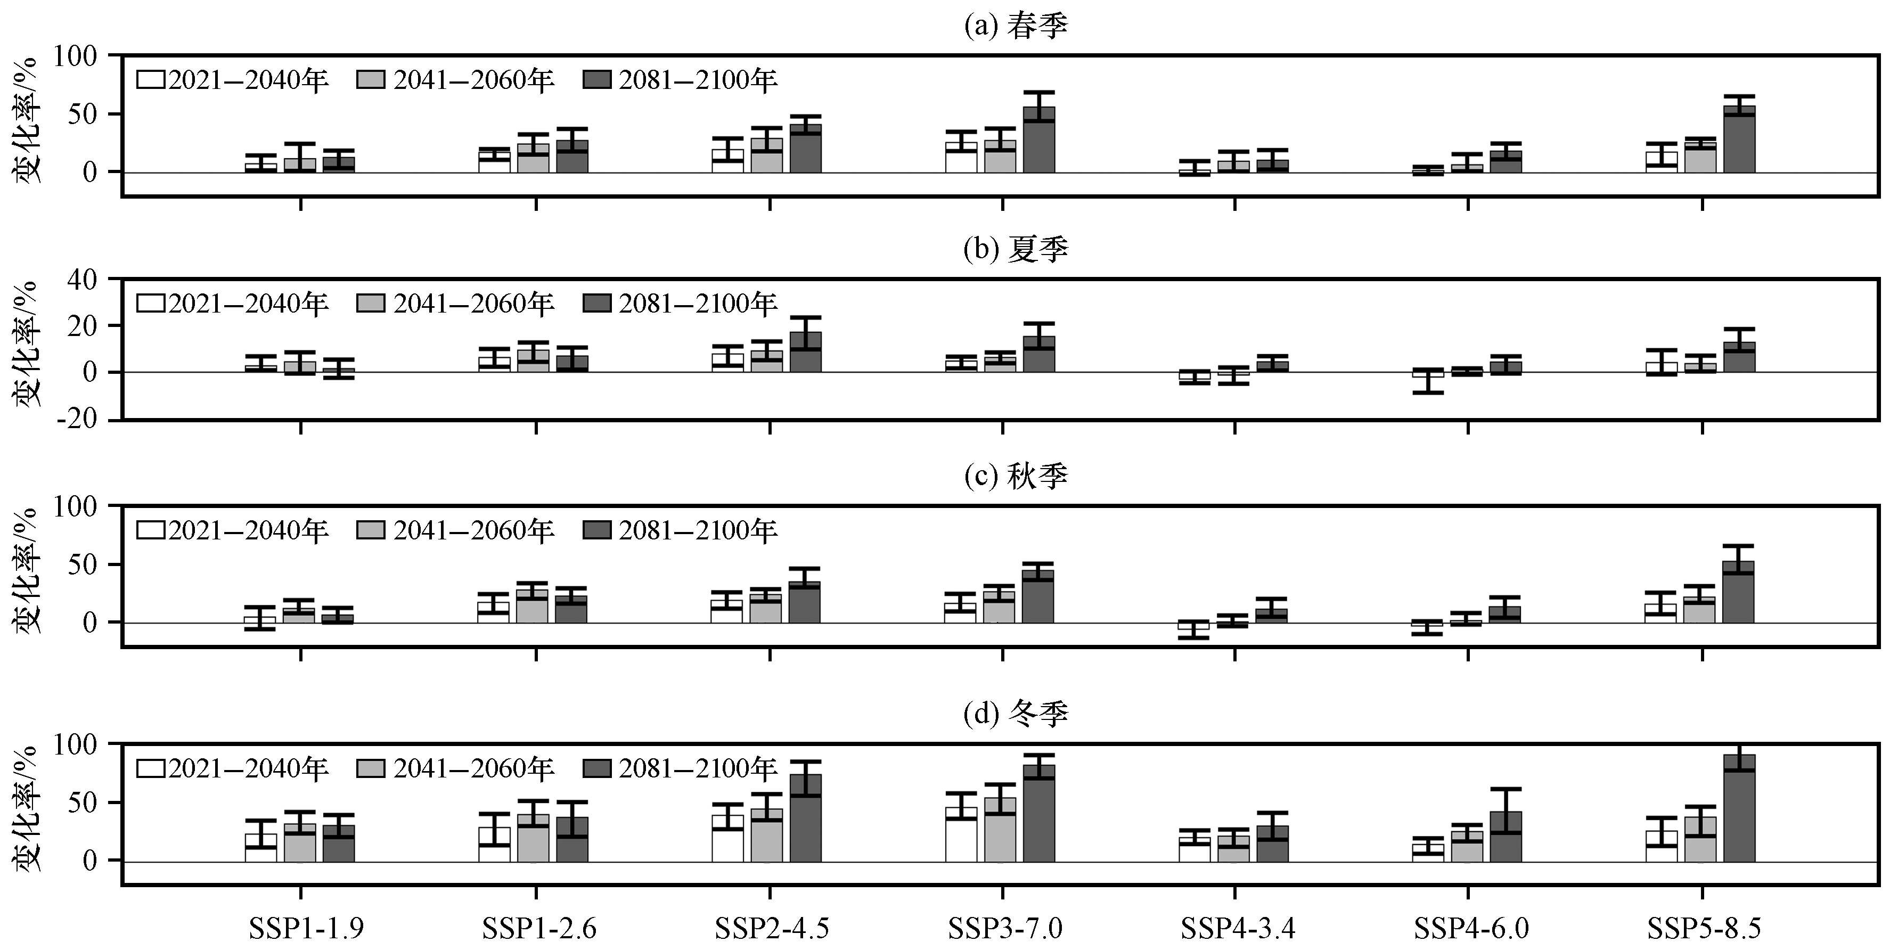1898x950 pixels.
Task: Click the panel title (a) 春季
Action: (1016, 26)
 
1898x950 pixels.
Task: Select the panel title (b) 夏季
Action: (1016, 250)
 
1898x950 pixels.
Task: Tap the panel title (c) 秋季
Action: (1016, 476)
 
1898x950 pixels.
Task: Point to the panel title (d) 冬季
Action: (1016, 714)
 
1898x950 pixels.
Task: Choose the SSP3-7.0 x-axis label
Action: (1005, 928)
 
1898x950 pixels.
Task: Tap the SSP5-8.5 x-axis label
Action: (1704, 928)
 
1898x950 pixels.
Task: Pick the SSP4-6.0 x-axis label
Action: (1471, 928)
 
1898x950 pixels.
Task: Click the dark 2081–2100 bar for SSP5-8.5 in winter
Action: (1739, 808)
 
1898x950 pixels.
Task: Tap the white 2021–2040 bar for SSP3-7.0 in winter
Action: (961, 834)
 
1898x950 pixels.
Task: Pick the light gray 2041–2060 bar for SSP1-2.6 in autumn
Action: (532, 606)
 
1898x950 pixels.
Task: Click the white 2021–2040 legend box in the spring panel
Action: (150, 79)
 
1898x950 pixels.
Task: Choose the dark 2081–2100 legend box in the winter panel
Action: (597, 769)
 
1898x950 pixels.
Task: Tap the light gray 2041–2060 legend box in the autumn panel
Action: (371, 530)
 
